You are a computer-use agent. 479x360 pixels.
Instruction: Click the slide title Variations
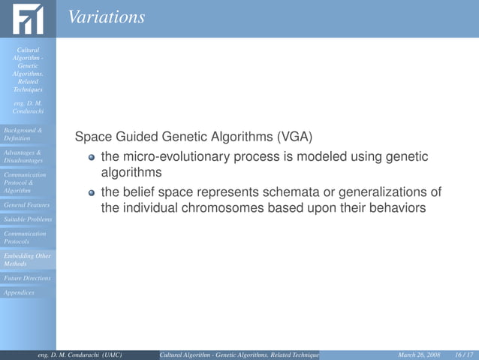point(106,17)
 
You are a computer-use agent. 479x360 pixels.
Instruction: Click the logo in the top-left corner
point(28,19)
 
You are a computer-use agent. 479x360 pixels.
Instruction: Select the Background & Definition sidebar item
point(23,135)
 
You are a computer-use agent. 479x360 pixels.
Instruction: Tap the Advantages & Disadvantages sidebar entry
point(23,156)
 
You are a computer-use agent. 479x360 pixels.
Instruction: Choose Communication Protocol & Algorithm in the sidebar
point(25,183)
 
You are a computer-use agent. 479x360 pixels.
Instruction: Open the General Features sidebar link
point(26,204)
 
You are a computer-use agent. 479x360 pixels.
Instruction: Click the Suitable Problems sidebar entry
point(27,219)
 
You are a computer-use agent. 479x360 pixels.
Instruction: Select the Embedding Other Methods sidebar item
point(27,260)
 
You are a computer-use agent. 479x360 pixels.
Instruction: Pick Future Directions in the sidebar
point(27,278)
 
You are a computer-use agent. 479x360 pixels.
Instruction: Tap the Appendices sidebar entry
point(19,292)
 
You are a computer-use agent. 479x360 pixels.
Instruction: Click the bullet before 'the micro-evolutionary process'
point(92,157)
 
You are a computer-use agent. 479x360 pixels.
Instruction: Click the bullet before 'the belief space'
point(92,192)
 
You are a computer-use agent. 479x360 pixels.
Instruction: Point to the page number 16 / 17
point(464,354)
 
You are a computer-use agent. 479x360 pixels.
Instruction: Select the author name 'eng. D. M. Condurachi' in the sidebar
point(28,107)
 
